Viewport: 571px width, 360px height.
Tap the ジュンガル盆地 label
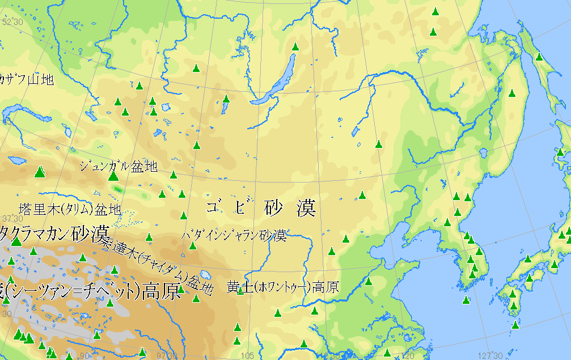coord(118,166)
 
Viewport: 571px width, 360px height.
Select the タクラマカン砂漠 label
coord(54,232)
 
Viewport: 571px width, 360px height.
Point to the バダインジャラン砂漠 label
coord(234,235)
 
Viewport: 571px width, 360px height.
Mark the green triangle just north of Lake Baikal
coord(295,47)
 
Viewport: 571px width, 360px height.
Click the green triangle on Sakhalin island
coord(539,57)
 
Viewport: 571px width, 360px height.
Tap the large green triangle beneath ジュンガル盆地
coord(113,176)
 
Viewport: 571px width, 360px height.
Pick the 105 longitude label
coord(247,355)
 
